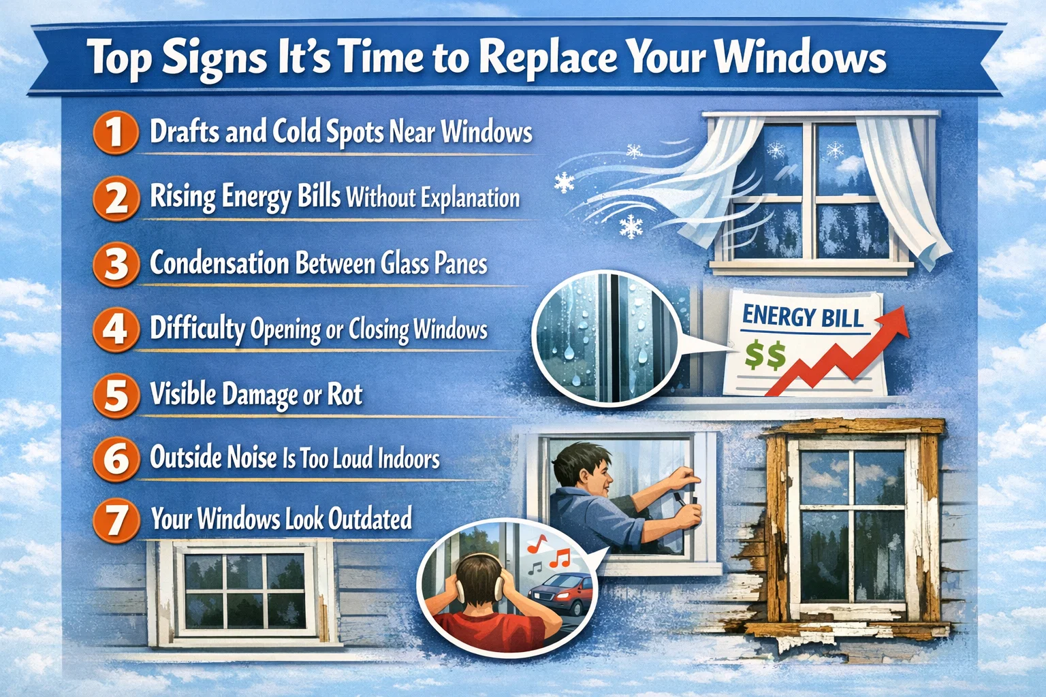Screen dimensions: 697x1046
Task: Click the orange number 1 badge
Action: click(116, 132)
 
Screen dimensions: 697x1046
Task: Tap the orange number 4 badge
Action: click(116, 329)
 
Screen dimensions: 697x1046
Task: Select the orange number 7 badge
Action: click(116, 519)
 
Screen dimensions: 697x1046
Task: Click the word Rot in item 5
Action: click(345, 395)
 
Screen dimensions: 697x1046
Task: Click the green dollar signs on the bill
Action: click(765, 355)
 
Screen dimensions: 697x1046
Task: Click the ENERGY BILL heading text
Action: click(802, 317)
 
